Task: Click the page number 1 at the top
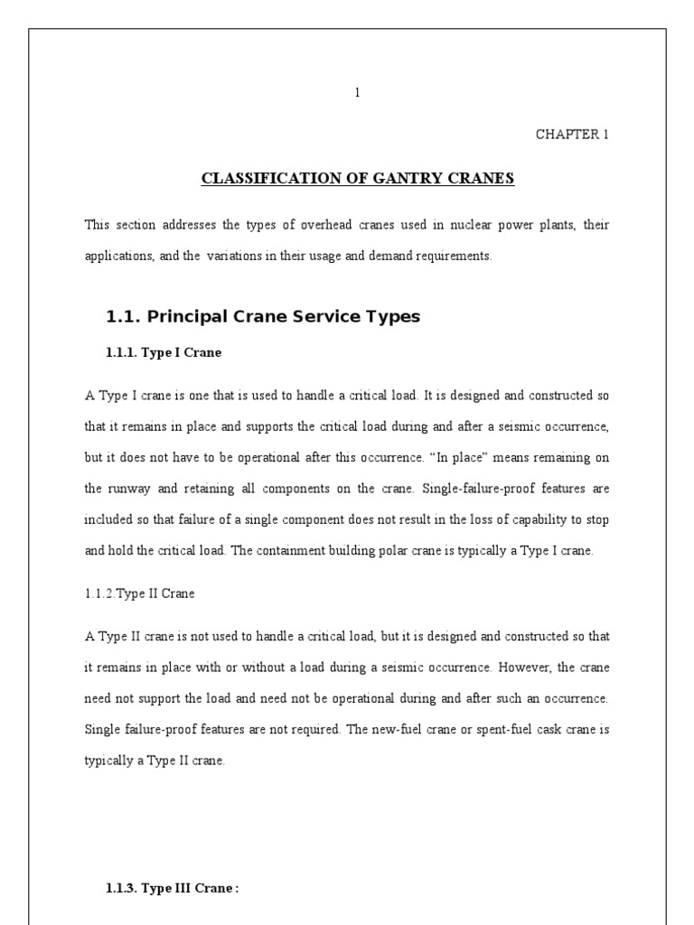[358, 92]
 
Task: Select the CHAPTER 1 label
[572, 135]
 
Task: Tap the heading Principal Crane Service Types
[263, 316]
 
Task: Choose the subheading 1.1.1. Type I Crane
[164, 354]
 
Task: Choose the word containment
[286, 550]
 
